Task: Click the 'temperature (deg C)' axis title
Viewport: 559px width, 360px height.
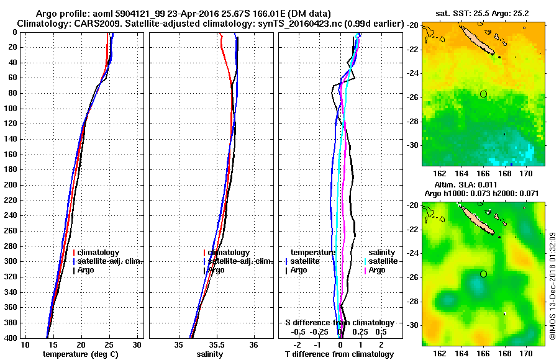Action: (80, 354)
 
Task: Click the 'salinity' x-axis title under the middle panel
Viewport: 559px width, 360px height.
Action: (211, 354)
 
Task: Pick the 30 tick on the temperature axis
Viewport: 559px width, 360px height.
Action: (138, 344)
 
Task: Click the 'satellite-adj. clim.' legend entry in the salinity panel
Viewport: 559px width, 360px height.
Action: (238, 261)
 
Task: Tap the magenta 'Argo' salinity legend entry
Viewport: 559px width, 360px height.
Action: (377, 270)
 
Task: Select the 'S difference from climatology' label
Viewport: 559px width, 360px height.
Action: (339, 323)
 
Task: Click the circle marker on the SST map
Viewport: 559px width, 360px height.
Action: (483, 94)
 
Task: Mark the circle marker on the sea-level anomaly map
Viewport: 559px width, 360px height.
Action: (483, 274)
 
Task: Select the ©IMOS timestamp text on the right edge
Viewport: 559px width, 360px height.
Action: (552, 286)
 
